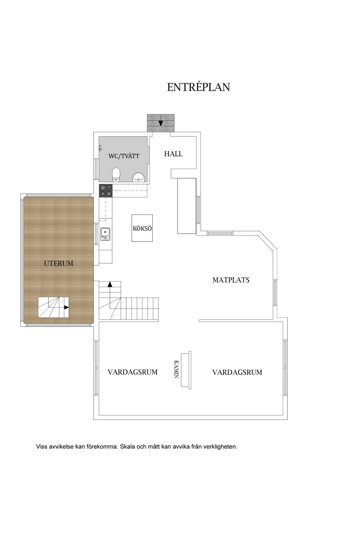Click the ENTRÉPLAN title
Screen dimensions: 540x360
click(198, 87)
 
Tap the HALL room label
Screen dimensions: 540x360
click(173, 154)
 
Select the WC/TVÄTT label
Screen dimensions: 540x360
click(124, 156)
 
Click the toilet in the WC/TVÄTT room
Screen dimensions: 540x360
click(116, 175)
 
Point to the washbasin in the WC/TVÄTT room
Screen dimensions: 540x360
click(139, 177)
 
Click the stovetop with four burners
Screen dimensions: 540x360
click(105, 191)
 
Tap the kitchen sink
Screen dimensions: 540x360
click(105, 234)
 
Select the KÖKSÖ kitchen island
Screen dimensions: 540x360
click(142, 228)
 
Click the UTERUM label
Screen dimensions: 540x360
click(58, 263)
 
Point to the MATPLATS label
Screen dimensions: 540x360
click(231, 280)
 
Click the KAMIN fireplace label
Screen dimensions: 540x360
click(176, 369)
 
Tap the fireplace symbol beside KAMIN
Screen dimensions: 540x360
click(186, 369)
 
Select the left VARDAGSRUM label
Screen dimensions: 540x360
click(132, 372)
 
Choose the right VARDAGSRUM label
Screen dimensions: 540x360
click(237, 372)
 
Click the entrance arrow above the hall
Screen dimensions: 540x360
click(160, 123)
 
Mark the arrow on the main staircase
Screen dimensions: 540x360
click(110, 284)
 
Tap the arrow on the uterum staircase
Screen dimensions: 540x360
click(66, 307)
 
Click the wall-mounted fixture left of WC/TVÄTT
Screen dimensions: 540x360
click(100, 148)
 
